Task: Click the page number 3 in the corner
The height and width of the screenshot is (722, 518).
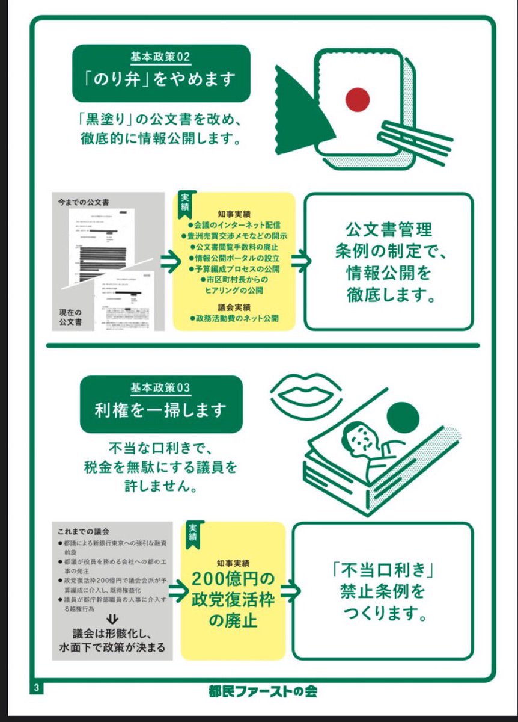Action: (x=37, y=688)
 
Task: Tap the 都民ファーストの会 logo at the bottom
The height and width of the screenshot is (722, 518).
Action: (x=259, y=691)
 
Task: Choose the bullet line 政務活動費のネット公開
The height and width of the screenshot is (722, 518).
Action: (x=234, y=318)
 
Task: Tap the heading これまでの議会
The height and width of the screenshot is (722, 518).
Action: (x=84, y=532)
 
